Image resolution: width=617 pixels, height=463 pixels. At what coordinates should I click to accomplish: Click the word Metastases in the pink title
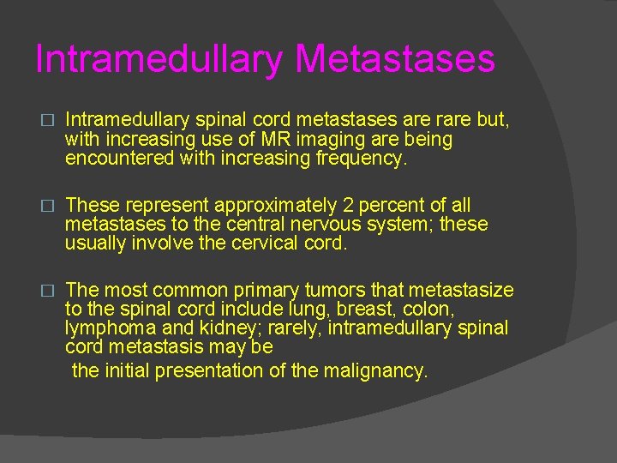(x=395, y=59)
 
